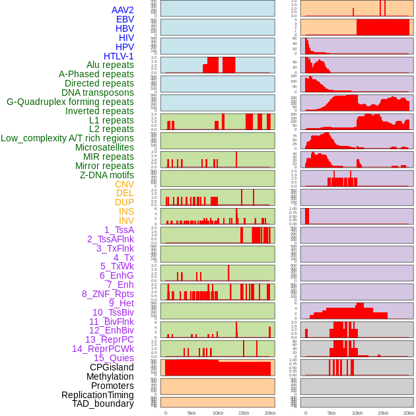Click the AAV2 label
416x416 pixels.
click(x=122, y=10)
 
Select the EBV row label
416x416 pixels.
click(x=124, y=19)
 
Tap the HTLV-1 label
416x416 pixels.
click(x=118, y=56)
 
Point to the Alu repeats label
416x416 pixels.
click(x=110, y=65)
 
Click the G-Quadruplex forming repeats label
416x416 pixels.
click(x=70, y=102)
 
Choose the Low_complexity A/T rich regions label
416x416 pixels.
click(x=67, y=138)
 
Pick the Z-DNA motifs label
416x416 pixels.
click(x=106, y=175)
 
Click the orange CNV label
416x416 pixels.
click(x=124, y=184)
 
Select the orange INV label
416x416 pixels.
click(x=125, y=221)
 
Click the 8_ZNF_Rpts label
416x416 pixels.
click(x=108, y=294)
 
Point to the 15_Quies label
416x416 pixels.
click(x=114, y=358)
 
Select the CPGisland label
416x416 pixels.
click(x=112, y=367)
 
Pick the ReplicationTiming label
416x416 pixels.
click(x=97, y=395)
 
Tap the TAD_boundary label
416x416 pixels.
click(x=102, y=403)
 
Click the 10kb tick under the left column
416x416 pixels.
click(x=217, y=413)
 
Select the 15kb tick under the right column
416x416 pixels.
click(x=382, y=413)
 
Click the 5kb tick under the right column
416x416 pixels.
click(x=331, y=413)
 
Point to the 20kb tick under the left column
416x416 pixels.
click(x=269, y=413)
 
